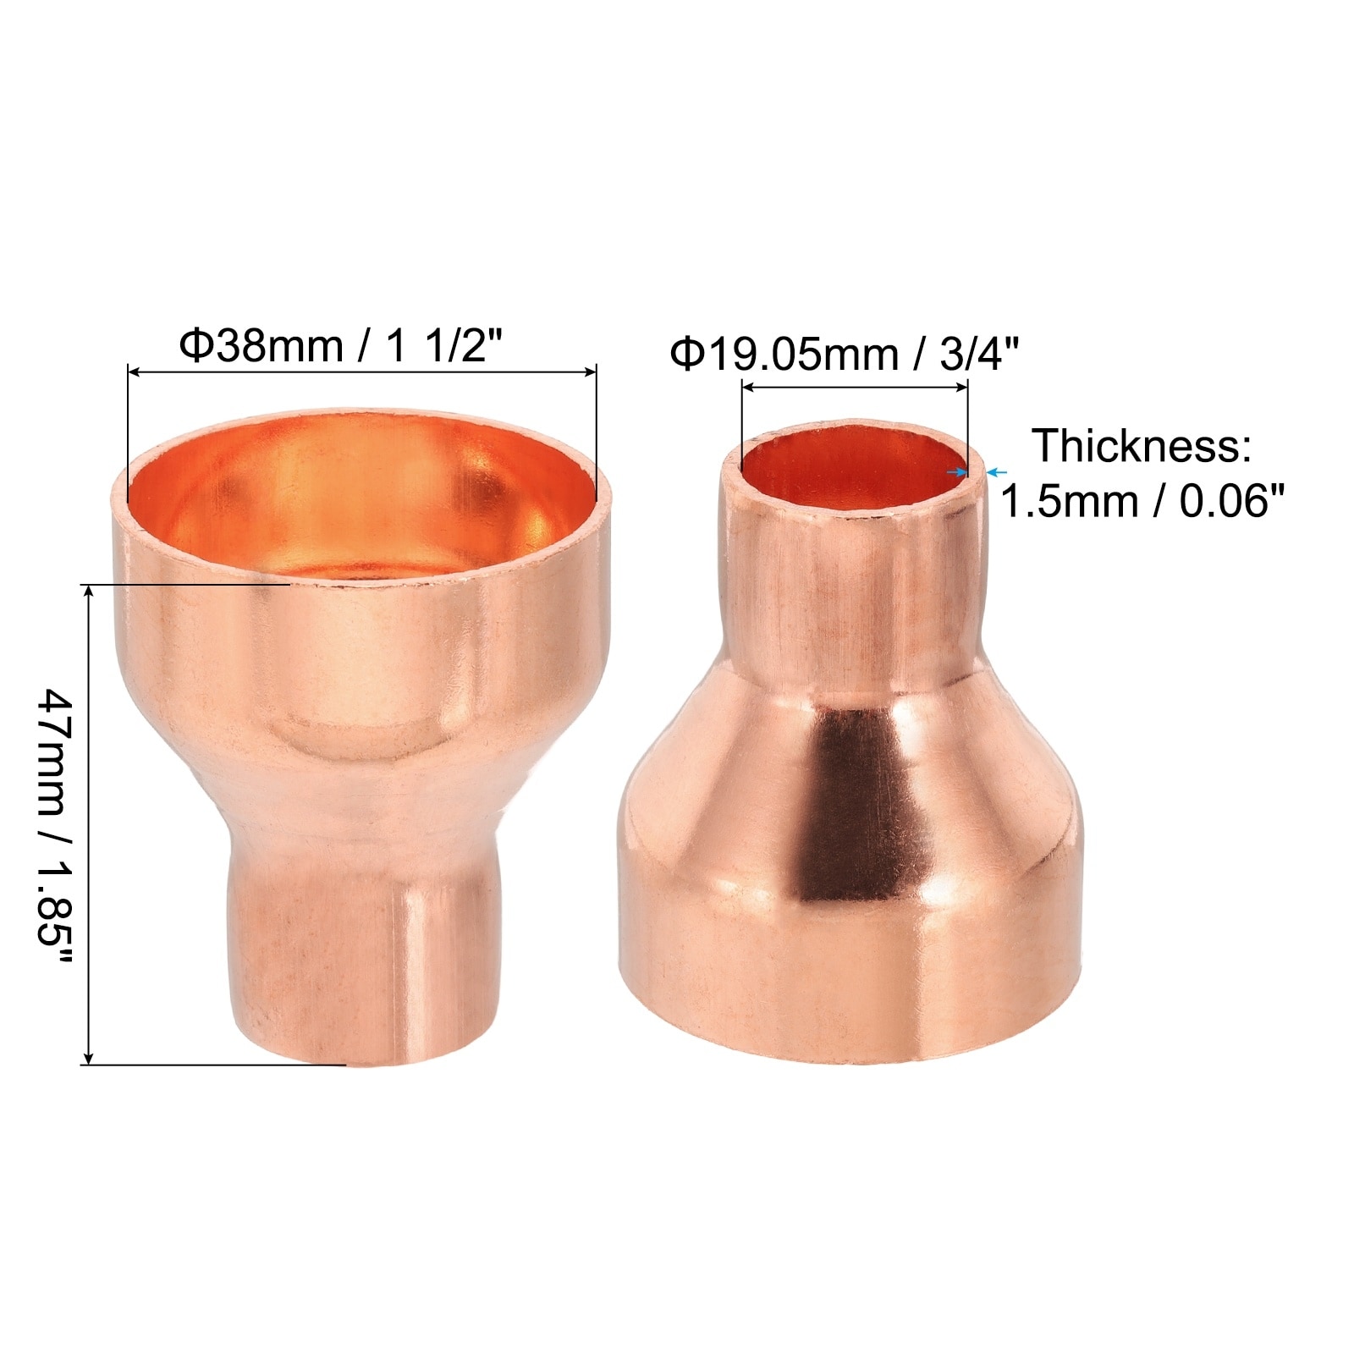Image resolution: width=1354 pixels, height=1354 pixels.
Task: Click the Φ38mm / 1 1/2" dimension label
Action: tap(342, 345)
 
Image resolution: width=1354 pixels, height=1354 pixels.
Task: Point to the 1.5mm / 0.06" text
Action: tap(1142, 501)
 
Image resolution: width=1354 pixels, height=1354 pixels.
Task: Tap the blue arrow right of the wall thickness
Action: tap(998, 472)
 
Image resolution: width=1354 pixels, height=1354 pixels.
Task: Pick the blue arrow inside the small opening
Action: tap(956, 472)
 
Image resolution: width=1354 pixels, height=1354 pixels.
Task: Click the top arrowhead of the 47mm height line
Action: tap(89, 590)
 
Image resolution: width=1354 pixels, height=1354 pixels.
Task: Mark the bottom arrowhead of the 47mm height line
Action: tap(89, 1058)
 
